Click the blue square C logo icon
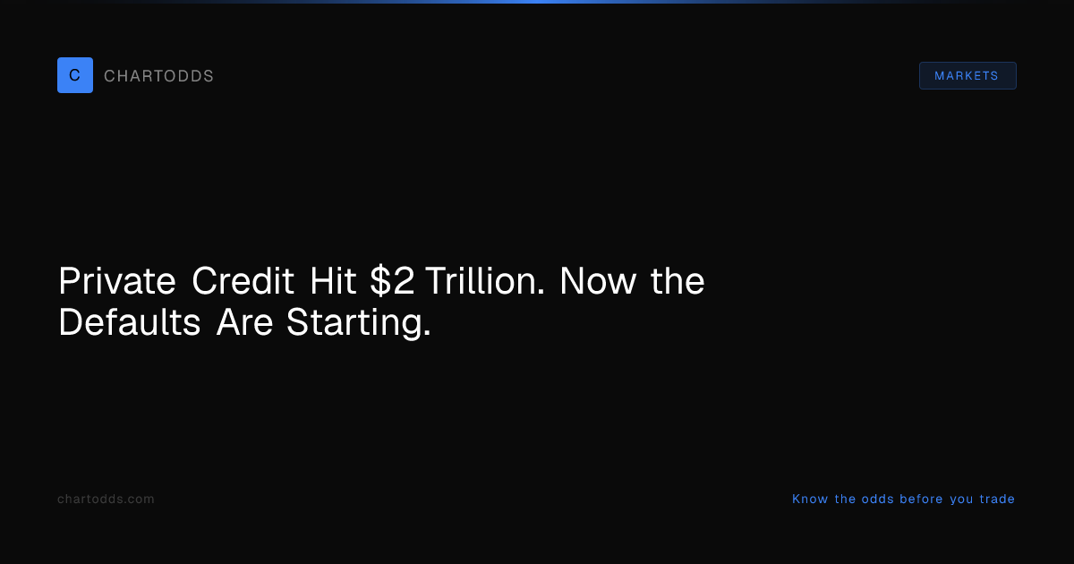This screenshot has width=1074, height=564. [75, 75]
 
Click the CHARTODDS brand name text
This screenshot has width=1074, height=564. [158, 76]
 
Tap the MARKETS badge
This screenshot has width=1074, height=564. [967, 76]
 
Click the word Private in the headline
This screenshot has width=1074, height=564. [117, 280]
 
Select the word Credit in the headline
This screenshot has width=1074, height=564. [243, 280]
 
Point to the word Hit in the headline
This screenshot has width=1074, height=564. [333, 280]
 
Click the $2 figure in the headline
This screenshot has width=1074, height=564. [392, 280]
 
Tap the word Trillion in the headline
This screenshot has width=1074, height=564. [485, 280]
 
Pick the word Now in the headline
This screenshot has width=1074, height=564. [599, 281]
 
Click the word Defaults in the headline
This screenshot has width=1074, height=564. [130, 321]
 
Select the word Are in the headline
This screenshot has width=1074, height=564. [244, 322]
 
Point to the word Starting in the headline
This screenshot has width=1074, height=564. [359, 324]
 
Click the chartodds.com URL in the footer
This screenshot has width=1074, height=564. [106, 500]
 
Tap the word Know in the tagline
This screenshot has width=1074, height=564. [810, 500]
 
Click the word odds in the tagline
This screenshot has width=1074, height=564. [878, 500]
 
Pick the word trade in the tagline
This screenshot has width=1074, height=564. [997, 500]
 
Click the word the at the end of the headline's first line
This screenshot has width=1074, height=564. [678, 280]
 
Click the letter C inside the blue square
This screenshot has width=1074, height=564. [75, 75]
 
